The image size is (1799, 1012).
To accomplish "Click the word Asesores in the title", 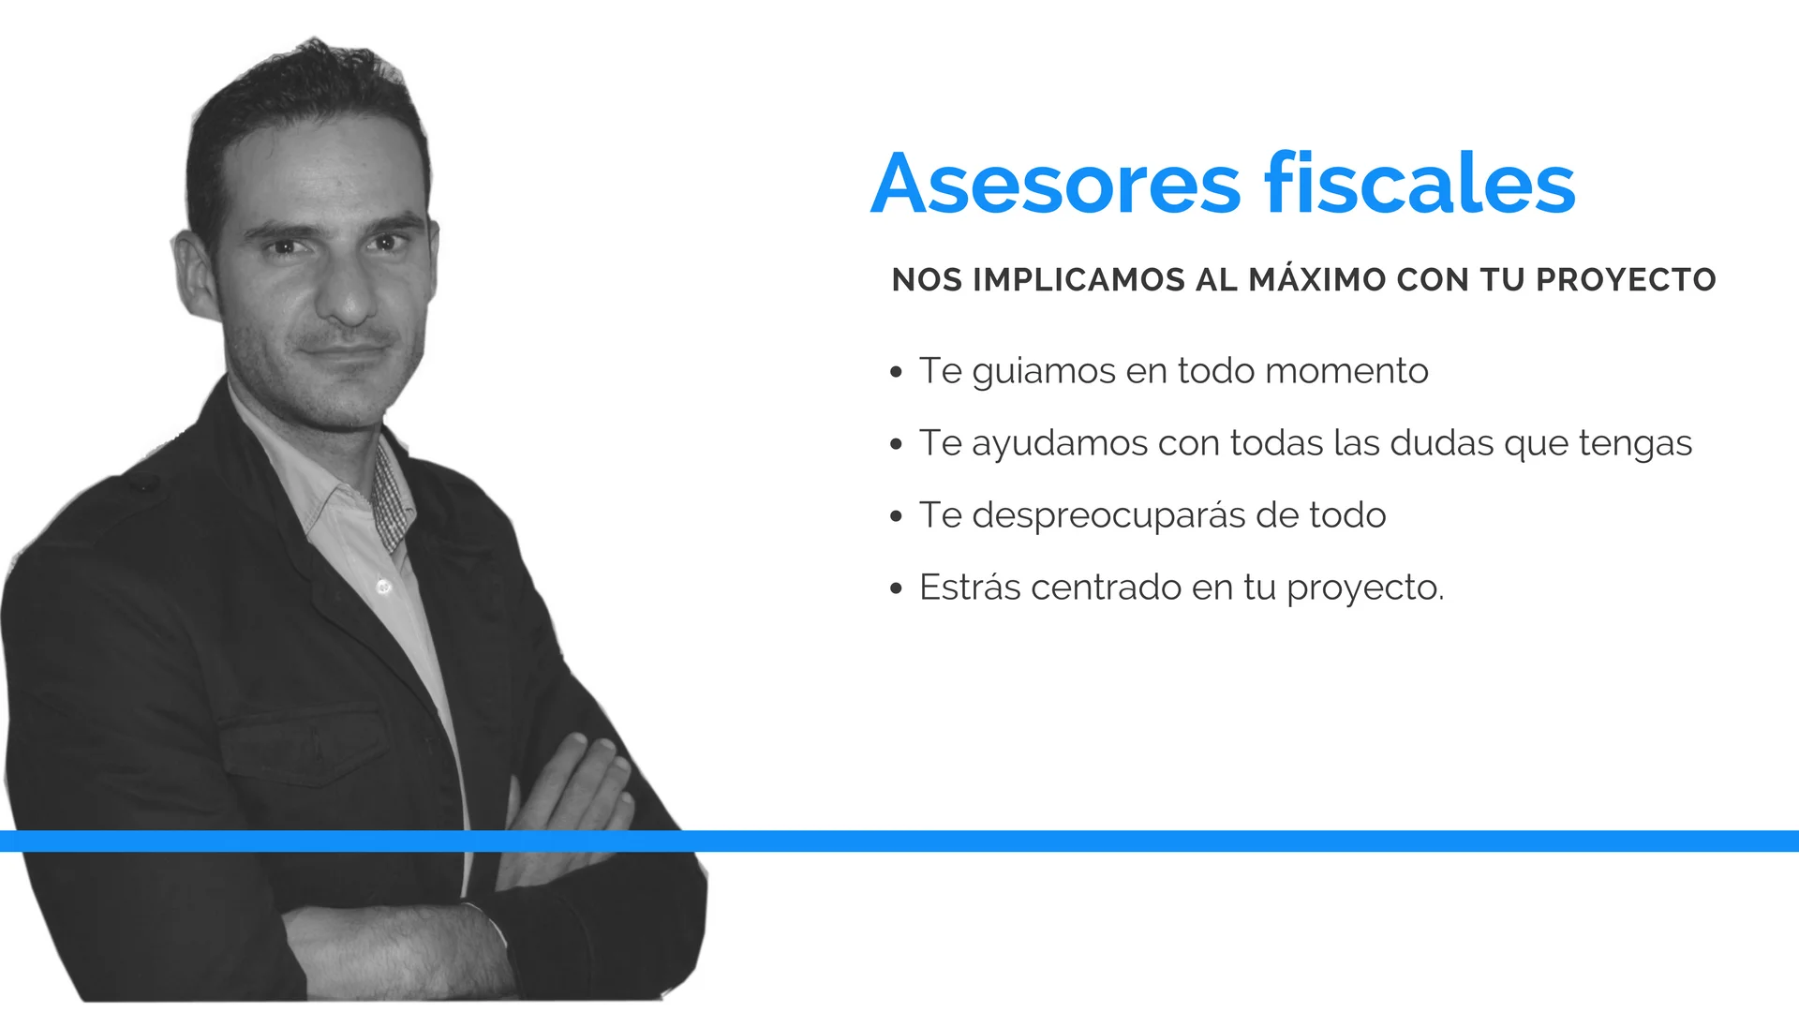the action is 1056,184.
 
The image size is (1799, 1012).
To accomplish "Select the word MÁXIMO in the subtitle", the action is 1317,278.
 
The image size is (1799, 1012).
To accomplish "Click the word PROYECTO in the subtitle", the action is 1626,279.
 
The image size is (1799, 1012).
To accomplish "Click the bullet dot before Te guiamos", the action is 897,372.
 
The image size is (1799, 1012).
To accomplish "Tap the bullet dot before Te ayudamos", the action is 897,444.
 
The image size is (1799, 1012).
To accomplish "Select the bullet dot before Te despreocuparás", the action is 897,516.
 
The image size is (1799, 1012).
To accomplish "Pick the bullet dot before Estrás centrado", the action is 897,588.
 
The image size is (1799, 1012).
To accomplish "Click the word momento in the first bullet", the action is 1346,371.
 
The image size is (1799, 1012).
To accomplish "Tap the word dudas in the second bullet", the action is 1442,443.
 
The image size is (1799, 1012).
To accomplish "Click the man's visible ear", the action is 195,274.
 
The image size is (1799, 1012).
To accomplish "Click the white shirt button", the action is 383,587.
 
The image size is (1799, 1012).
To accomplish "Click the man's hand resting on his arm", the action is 572,787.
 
